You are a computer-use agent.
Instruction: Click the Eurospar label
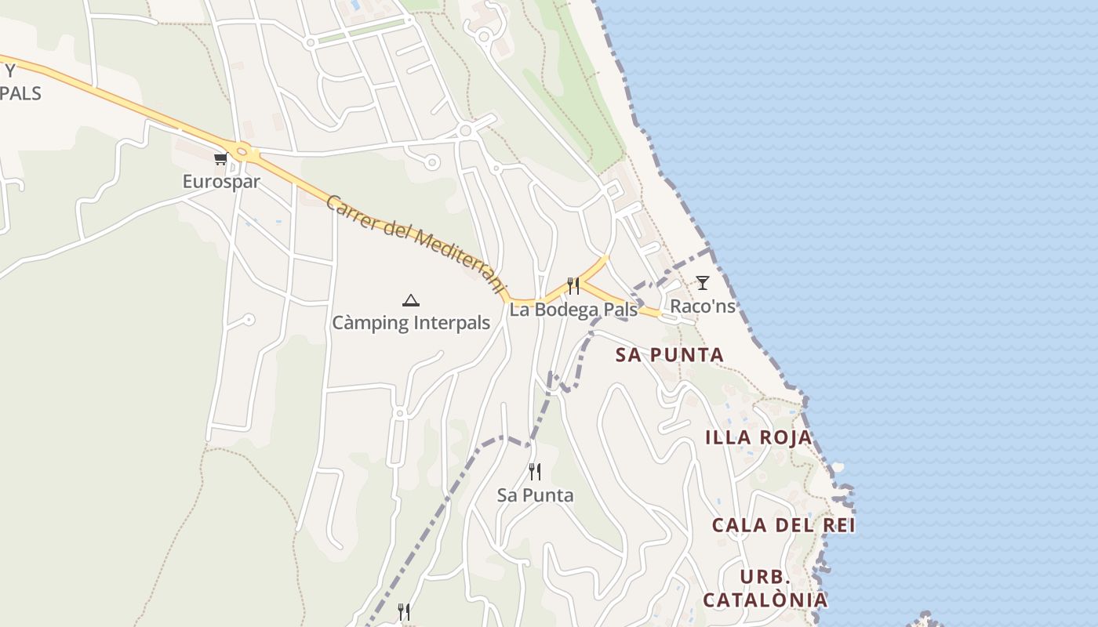pyautogui.click(x=221, y=182)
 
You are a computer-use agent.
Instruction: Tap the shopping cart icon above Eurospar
pyautogui.click(x=220, y=159)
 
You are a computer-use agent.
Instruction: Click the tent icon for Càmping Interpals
pyautogui.click(x=410, y=300)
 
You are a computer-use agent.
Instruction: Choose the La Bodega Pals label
pyautogui.click(x=573, y=310)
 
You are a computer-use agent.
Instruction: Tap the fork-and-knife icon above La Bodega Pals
pyautogui.click(x=573, y=286)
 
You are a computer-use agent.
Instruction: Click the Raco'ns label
pyautogui.click(x=703, y=306)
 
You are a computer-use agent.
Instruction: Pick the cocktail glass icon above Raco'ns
pyautogui.click(x=703, y=283)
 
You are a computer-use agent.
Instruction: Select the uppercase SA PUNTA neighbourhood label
pyautogui.click(x=669, y=355)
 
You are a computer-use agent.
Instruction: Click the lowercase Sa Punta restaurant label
pyautogui.click(x=535, y=495)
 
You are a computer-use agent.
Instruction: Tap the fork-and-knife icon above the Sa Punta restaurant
pyautogui.click(x=535, y=472)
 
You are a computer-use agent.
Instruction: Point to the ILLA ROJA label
pyautogui.click(x=758, y=437)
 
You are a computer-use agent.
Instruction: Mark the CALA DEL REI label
pyautogui.click(x=784, y=525)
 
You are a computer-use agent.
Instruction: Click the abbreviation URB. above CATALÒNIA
pyautogui.click(x=765, y=578)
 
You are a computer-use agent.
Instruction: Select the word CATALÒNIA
pyautogui.click(x=765, y=600)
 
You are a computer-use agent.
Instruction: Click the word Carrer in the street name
pyautogui.click(x=351, y=213)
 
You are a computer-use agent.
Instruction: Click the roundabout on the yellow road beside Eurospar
pyautogui.click(x=242, y=153)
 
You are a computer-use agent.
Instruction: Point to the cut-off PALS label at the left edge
pyautogui.click(x=20, y=92)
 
